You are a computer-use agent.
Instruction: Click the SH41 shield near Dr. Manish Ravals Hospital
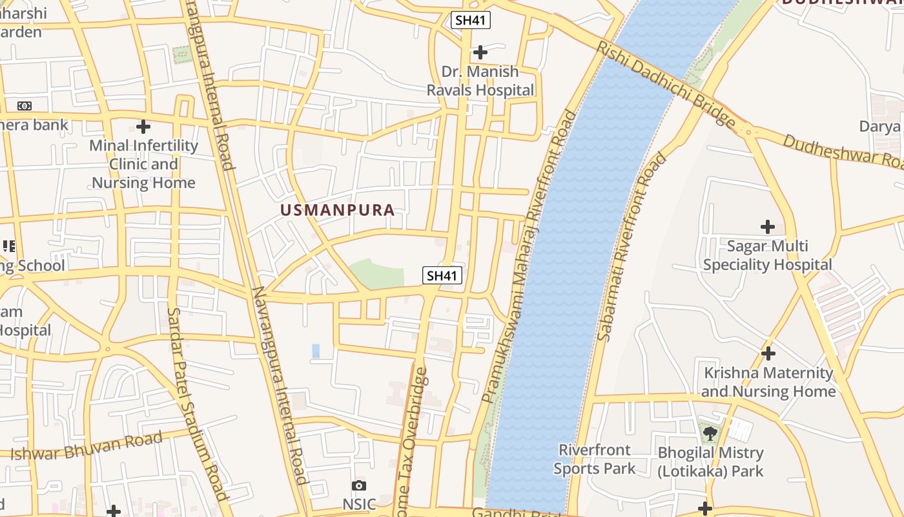(x=471, y=20)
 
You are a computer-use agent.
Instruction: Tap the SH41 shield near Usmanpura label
(x=442, y=275)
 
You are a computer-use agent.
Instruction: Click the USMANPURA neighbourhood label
(x=337, y=210)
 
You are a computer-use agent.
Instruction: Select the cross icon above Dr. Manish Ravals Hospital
(x=480, y=52)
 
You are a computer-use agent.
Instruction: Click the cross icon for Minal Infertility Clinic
(x=143, y=126)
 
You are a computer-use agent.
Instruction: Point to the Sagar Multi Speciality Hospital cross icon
(x=767, y=227)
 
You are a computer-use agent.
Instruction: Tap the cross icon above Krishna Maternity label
(x=768, y=353)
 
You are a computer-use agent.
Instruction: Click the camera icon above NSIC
(x=359, y=485)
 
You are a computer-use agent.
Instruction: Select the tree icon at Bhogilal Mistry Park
(x=710, y=433)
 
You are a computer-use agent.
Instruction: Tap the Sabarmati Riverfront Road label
(x=632, y=246)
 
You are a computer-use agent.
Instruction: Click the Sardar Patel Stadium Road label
(x=198, y=404)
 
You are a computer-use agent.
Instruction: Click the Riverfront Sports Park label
(x=594, y=459)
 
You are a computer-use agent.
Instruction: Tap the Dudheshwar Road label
(x=842, y=149)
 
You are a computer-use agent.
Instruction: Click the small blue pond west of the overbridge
(x=316, y=351)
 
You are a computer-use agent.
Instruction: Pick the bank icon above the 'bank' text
(x=24, y=106)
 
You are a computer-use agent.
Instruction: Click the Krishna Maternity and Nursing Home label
(x=768, y=382)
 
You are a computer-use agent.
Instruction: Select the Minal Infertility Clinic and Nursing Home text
(x=143, y=164)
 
